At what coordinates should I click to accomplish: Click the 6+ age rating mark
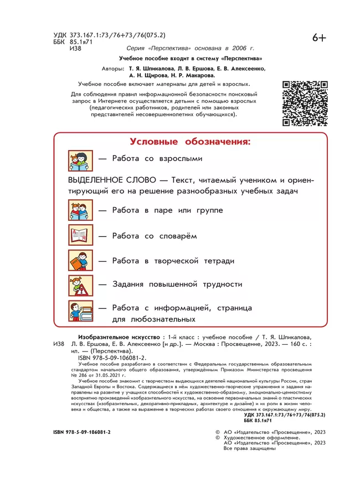tap(320, 38)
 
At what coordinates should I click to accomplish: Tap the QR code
tap(305, 104)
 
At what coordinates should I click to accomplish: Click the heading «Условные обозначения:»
tap(190, 142)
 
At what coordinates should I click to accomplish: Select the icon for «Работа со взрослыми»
tap(81, 161)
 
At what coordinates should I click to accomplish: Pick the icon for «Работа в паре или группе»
tap(81, 211)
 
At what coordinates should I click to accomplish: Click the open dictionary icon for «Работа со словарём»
tap(81, 236)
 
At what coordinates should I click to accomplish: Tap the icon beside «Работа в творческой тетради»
tap(81, 261)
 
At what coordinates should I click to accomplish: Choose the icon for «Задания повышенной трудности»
tap(81, 285)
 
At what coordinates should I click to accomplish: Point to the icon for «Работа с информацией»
tap(81, 311)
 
